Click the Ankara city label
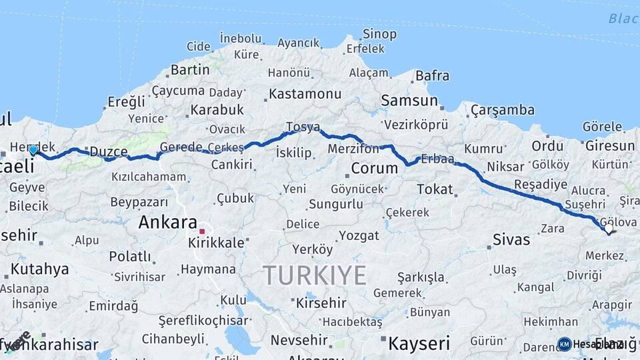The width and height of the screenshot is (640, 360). click(x=167, y=223)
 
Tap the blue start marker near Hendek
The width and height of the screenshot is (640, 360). click(x=33, y=150)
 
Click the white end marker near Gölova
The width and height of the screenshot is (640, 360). click(x=608, y=229)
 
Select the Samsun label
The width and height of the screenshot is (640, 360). click(x=409, y=101)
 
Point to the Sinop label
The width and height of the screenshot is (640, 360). click(x=379, y=34)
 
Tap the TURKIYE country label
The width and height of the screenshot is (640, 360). click(x=314, y=275)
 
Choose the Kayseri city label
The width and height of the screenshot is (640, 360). click(x=419, y=343)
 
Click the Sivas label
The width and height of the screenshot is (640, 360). click(x=511, y=239)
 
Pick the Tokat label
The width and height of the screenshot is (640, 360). click(x=435, y=189)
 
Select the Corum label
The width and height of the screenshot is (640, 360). click(x=374, y=168)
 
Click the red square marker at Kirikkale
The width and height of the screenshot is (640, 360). click(x=202, y=231)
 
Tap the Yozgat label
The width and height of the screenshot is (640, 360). click(x=359, y=235)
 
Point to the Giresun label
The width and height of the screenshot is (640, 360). click(x=610, y=145)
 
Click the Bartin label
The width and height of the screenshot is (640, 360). click(x=190, y=69)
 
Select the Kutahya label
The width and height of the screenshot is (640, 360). click(x=39, y=269)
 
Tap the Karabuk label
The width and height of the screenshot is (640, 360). click(x=217, y=110)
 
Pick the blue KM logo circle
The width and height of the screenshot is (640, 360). click(x=564, y=344)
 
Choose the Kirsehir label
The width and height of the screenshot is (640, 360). click(x=321, y=303)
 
